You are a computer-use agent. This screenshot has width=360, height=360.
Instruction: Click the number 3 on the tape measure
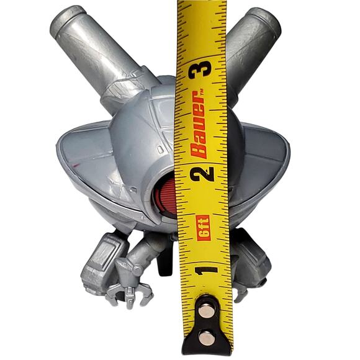pos(200,69)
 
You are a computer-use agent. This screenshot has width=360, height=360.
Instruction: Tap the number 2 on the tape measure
pos(202,174)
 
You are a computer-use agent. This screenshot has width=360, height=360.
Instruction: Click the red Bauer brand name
pos(198,125)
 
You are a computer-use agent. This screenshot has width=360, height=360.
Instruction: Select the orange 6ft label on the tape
pos(204,228)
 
